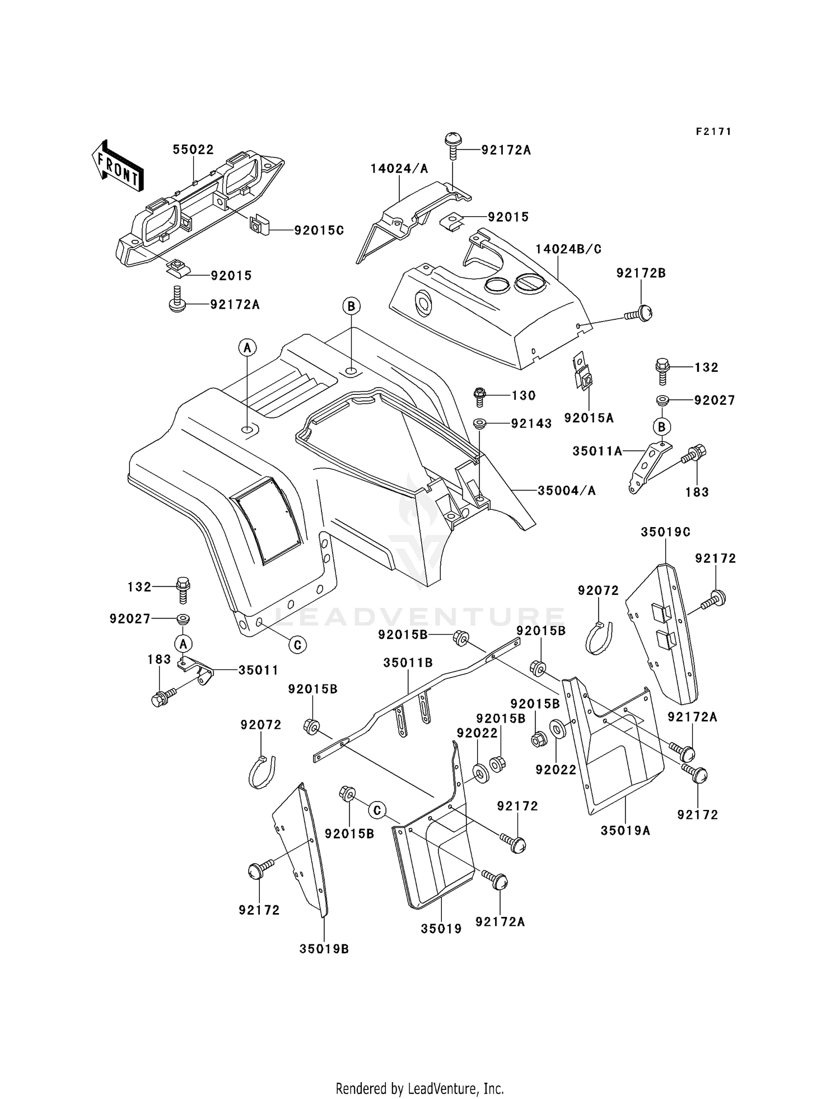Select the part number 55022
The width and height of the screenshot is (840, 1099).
click(x=193, y=150)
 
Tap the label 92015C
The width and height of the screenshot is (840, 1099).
click(x=319, y=230)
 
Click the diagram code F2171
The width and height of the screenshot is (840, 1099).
click(x=713, y=132)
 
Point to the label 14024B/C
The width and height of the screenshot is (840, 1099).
click(x=568, y=249)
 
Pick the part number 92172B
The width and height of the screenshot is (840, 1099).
click(x=641, y=273)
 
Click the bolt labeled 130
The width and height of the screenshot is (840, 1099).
click(x=480, y=395)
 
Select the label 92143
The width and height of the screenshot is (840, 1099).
click(x=531, y=423)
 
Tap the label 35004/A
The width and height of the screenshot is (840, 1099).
click(x=566, y=491)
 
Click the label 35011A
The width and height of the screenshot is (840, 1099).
click(x=597, y=450)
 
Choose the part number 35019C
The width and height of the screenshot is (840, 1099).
click(x=665, y=532)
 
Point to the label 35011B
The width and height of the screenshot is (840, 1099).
click(x=408, y=663)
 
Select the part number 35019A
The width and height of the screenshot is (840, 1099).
click(x=625, y=830)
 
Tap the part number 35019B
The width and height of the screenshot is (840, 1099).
click(x=324, y=949)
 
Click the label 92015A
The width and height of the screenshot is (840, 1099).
click(x=589, y=418)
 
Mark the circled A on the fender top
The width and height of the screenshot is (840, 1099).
click(x=247, y=348)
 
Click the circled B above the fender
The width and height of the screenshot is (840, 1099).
click(x=351, y=306)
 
